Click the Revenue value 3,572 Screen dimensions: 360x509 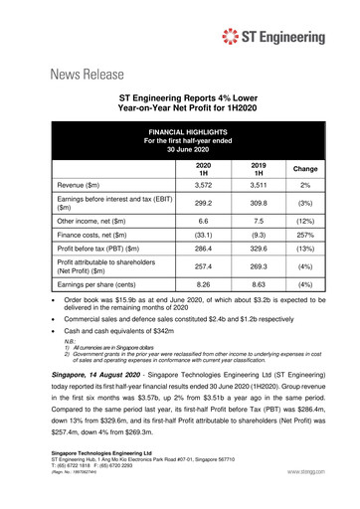coord(204,186)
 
